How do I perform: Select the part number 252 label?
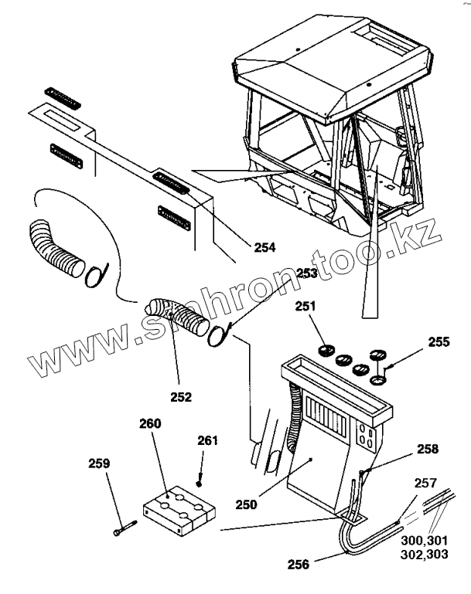click(x=182, y=397)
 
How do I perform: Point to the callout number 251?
click(x=306, y=307)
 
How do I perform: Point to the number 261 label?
click(x=207, y=440)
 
